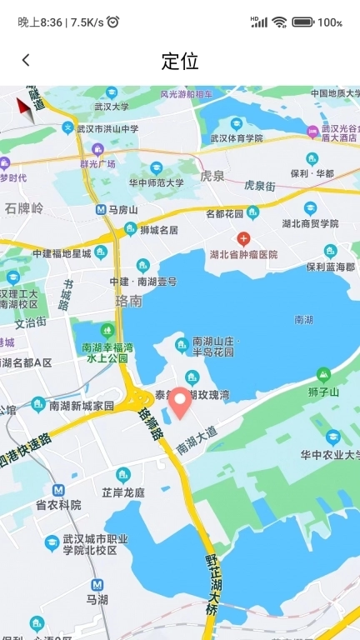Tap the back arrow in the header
[26, 60]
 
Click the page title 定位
[180, 61]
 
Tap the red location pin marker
[180, 403]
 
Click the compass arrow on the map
[26, 108]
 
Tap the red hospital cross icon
[243, 237]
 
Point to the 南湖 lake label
[304, 318]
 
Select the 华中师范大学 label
[157, 182]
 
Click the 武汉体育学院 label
[236, 138]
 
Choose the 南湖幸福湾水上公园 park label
[108, 352]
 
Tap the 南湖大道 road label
[197, 440]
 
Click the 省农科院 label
[58, 505]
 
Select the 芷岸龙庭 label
[123, 492]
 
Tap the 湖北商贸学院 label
[310, 223]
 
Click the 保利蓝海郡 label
[330, 267]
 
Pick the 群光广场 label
[97, 164]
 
